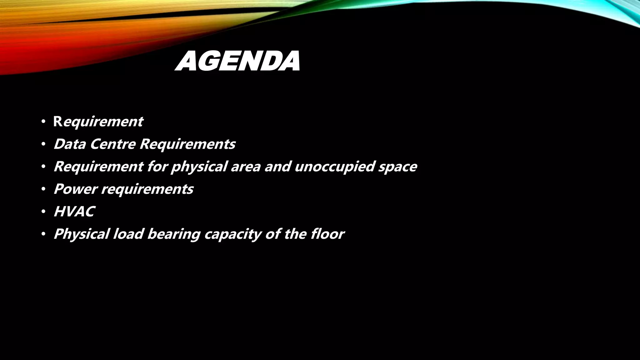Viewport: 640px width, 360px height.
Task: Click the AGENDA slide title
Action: point(237,61)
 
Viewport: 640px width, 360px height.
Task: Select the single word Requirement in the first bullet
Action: point(98,122)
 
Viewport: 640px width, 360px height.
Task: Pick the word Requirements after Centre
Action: point(187,144)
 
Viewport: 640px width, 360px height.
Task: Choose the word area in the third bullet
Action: point(246,167)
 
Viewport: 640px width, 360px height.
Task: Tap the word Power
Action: point(75,189)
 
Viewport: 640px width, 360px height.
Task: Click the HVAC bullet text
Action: point(74,212)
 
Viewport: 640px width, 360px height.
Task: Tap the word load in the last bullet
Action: point(128,234)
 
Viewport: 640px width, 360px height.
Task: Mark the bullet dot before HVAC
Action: point(43,212)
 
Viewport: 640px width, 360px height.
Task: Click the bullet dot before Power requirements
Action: point(43,189)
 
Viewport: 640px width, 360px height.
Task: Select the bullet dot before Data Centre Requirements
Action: point(43,144)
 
